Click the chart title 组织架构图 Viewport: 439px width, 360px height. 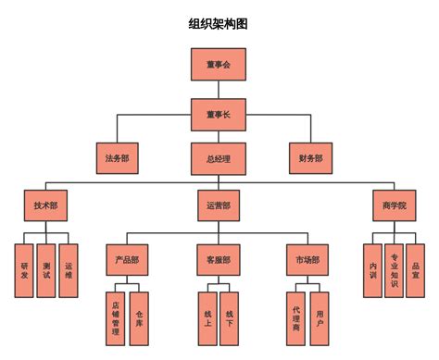(x=219, y=23)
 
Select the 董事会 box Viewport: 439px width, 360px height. (x=219, y=65)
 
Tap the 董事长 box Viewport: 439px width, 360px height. (x=219, y=115)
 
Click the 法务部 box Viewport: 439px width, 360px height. (x=118, y=158)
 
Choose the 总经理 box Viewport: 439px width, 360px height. (x=219, y=158)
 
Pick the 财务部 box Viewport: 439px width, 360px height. (x=311, y=158)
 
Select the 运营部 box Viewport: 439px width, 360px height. (x=219, y=205)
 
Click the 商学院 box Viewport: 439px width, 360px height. (x=394, y=205)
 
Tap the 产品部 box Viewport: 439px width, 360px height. (x=128, y=260)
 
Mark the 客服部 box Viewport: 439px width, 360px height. (x=219, y=260)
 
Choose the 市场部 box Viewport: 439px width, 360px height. (x=307, y=260)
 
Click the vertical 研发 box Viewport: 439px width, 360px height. (x=24, y=270)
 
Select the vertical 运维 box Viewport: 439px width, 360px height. (x=69, y=270)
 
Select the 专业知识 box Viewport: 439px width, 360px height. (x=395, y=270)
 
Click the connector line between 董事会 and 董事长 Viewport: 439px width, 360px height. (x=219, y=90)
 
